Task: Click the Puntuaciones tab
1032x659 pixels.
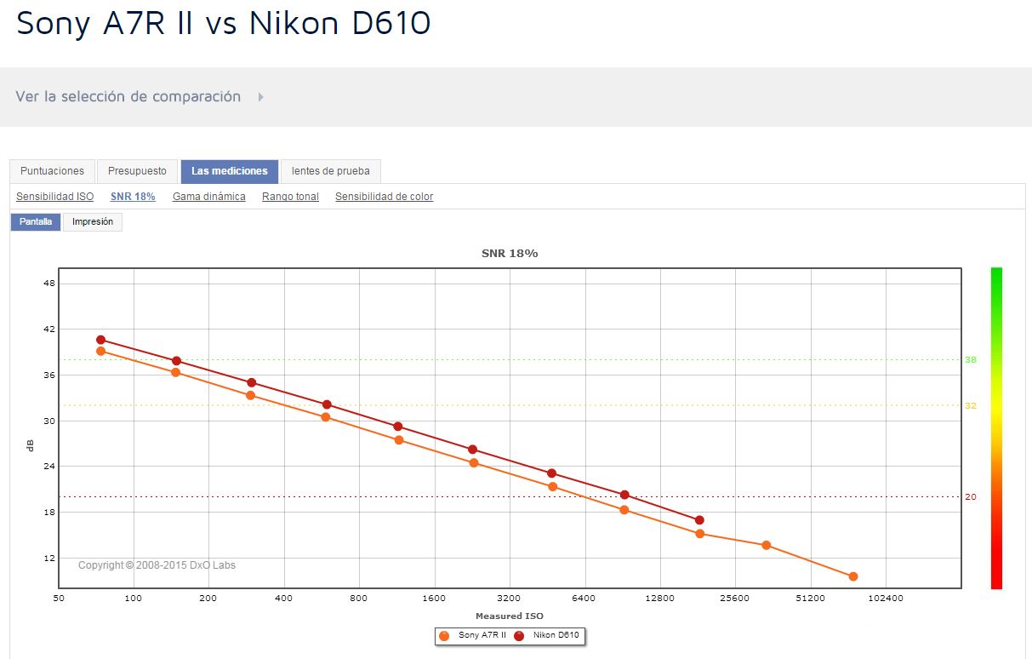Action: coord(52,171)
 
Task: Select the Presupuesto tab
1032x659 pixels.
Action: coord(137,171)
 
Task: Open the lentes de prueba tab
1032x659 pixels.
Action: coord(331,171)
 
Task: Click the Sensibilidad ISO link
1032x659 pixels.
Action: coord(54,197)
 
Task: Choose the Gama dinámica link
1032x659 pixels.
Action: coord(208,197)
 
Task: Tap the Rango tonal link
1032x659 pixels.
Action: coord(290,197)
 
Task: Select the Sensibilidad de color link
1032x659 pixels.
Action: coord(384,197)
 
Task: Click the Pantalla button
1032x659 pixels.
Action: coord(36,222)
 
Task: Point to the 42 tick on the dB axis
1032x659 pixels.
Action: coord(49,329)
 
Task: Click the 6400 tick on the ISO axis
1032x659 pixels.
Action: coord(584,599)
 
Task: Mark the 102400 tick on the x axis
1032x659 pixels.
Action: coord(886,599)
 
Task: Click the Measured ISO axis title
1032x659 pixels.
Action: coord(509,616)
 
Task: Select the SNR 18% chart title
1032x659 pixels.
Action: coord(510,254)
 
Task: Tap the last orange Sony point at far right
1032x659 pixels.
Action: coord(852,576)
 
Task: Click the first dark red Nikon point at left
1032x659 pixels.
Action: coord(100,340)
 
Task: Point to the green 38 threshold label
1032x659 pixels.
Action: coord(971,360)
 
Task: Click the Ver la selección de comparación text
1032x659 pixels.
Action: coord(128,97)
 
